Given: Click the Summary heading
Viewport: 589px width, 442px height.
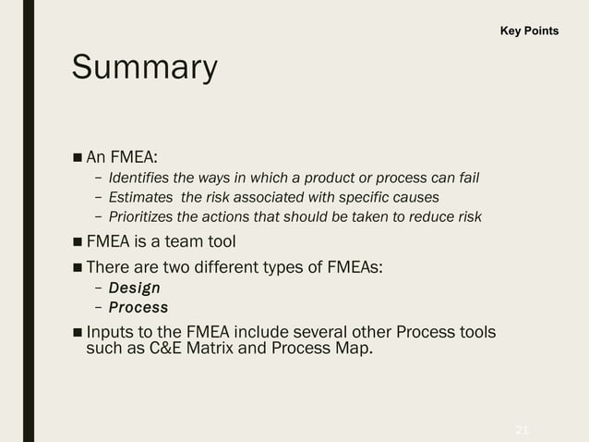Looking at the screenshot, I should click(144, 68).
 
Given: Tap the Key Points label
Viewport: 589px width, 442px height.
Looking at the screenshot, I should click(529, 31).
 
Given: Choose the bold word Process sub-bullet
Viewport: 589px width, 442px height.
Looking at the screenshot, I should click(138, 307).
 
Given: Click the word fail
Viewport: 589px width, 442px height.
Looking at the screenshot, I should click(467, 178).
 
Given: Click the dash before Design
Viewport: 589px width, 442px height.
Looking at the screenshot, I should click(98, 289).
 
